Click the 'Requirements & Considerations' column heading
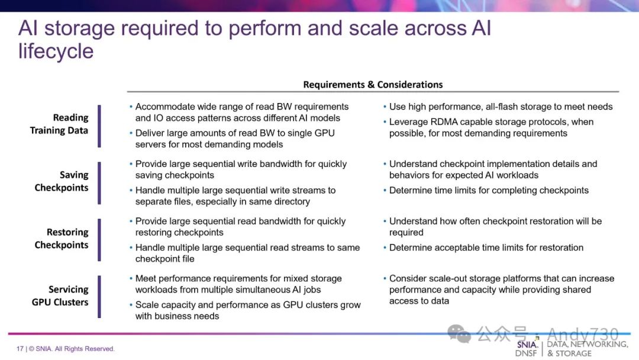(373, 85)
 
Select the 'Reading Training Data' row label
(59, 124)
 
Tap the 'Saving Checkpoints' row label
(61, 181)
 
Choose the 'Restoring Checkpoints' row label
(61, 239)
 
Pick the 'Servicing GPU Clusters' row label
(60, 295)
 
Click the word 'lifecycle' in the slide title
(56, 52)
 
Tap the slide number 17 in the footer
(20, 349)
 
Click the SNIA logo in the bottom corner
(527, 348)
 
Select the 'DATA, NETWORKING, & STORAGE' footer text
(587, 349)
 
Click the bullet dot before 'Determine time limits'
(385, 191)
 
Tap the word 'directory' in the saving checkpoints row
(289, 201)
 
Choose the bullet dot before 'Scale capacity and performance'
(131, 305)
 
